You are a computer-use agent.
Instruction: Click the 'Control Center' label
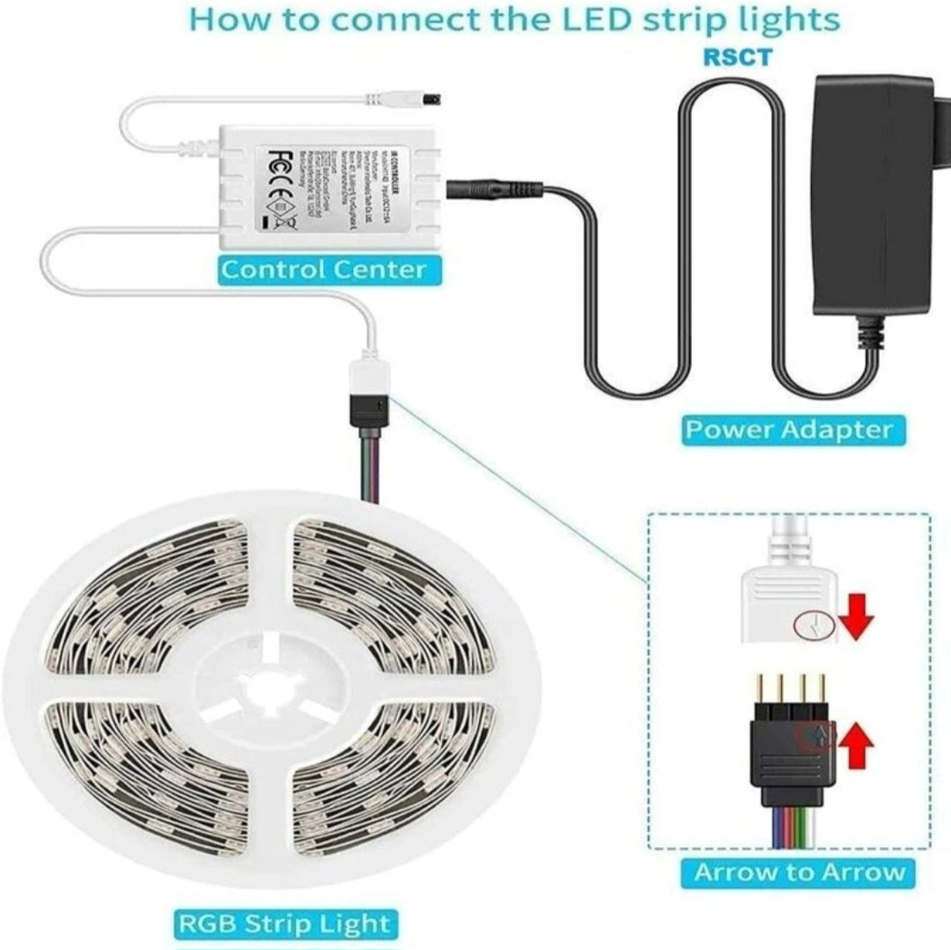coord(323,269)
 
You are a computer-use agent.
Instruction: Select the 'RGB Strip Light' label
coord(284,924)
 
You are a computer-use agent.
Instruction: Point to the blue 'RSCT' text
coord(737,57)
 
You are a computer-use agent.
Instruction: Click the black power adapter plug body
coord(872,194)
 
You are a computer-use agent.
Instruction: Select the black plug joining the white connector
coord(371,410)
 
